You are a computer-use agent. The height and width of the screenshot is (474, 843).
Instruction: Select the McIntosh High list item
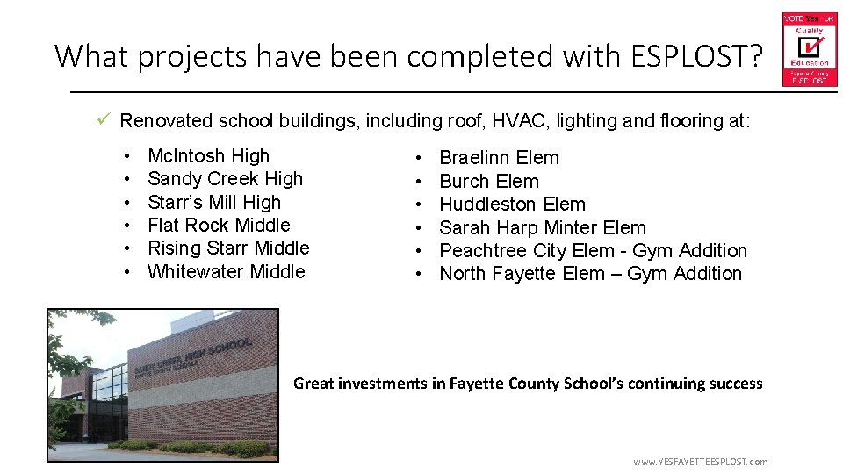click(x=208, y=156)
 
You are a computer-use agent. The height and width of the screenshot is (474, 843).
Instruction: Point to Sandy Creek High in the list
click(x=225, y=179)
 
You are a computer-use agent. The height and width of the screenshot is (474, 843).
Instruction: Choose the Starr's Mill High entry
click(x=214, y=202)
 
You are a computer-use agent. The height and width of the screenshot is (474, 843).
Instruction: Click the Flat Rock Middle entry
click(x=219, y=225)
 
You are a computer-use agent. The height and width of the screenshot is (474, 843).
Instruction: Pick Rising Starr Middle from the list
click(x=228, y=248)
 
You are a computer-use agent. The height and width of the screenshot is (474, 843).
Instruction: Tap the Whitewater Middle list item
click(x=227, y=272)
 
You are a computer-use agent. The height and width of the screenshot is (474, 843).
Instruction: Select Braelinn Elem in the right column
click(x=499, y=158)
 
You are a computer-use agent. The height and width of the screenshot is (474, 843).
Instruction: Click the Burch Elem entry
click(x=488, y=182)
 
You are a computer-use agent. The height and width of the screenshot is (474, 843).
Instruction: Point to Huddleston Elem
click(x=512, y=205)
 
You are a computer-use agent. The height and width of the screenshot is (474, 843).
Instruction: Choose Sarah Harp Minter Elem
click(x=542, y=228)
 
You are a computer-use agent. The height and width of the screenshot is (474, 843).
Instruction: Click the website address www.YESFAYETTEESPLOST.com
click(x=700, y=462)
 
